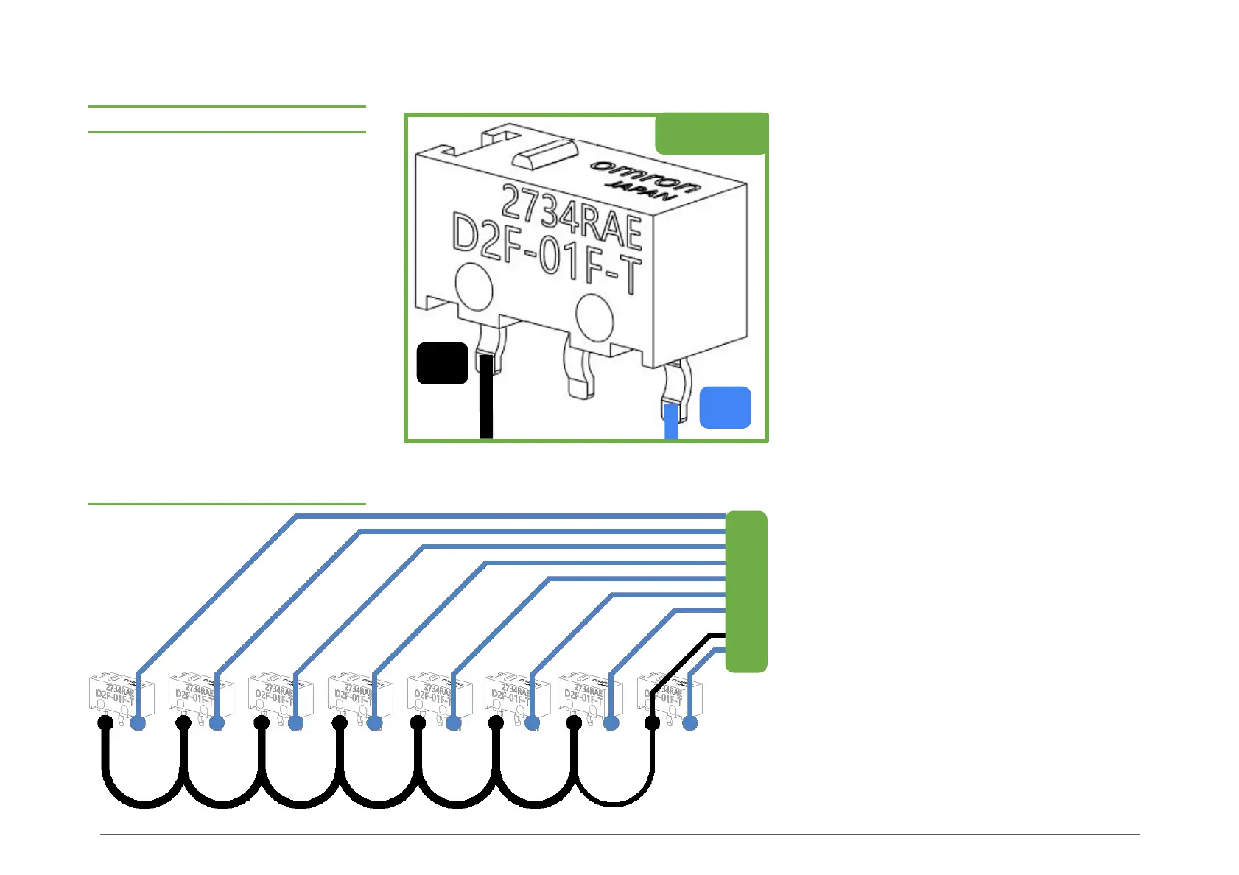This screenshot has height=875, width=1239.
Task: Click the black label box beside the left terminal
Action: pyautogui.click(x=442, y=363)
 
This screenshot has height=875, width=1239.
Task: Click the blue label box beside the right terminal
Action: pyautogui.click(x=725, y=407)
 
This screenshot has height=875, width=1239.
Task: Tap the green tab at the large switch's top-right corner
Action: pyautogui.click(x=711, y=133)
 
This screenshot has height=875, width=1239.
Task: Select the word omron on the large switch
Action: pyautogui.click(x=645, y=175)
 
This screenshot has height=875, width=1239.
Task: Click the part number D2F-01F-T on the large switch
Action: pyautogui.click(x=546, y=253)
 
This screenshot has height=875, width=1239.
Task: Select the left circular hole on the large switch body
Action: pyautogui.click(x=474, y=288)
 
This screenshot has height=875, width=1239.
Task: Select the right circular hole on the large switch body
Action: pyautogui.click(x=594, y=317)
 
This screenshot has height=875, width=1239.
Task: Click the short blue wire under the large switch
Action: pyautogui.click(x=671, y=421)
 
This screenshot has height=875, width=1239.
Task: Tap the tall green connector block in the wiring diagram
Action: pyautogui.click(x=746, y=591)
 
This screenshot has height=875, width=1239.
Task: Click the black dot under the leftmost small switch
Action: pyautogui.click(x=105, y=723)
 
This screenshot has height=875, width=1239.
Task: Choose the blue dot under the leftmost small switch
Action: pyautogui.click(x=138, y=723)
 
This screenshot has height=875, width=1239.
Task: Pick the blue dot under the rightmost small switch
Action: pyautogui.click(x=690, y=723)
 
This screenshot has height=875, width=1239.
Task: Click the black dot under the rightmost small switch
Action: pyautogui.click(x=652, y=723)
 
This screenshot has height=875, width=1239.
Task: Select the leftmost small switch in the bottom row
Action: pyautogui.click(x=122, y=695)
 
